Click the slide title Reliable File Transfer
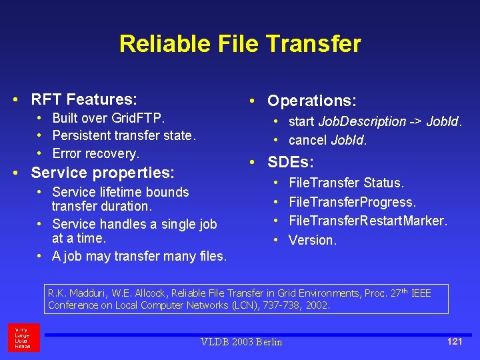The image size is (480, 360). point(240,44)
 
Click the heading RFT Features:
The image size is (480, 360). point(84,100)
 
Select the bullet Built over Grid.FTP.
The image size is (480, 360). point(109,119)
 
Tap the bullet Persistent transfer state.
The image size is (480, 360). point(124,136)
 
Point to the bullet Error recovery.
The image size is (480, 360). point(96,153)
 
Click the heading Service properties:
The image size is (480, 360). point(103,173)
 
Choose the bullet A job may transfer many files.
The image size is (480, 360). point(139,256)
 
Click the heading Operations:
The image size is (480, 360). point(311,101)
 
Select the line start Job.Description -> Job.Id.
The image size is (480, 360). point(375,122)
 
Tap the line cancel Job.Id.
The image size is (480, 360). point(327,140)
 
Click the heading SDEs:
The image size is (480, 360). point(290,162)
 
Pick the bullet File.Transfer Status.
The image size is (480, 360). point(346,183)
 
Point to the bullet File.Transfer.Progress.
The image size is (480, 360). point(352,201)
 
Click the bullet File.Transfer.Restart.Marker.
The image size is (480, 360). point(368,220)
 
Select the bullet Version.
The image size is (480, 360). point(313,239)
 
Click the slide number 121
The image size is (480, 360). point(455,341)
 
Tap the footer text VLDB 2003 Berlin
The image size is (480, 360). point(241,342)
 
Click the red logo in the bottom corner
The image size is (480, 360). point(24,337)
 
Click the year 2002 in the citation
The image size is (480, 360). point(317,305)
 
